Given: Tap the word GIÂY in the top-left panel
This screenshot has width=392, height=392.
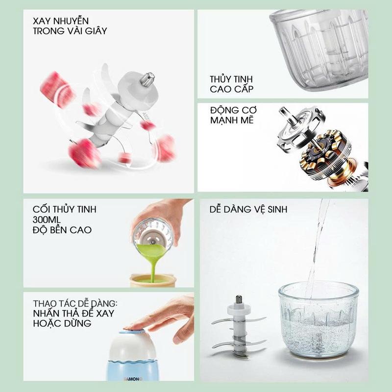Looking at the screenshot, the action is click(x=96, y=31).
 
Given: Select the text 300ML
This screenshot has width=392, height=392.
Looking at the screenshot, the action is click(x=47, y=220).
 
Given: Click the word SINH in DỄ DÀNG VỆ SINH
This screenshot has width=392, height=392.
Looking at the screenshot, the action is click(x=277, y=209).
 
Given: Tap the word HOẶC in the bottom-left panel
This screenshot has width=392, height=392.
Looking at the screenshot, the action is click(x=47, y=323).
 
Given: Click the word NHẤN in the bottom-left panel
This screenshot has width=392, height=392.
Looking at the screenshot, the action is click(x=46, y=313).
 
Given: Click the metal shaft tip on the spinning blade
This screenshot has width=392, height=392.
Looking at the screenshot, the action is click(x=147, y=79).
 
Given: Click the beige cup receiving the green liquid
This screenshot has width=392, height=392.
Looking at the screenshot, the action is click(x=153, y=280).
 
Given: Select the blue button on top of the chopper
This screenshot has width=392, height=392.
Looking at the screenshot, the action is click(x=132, y=332).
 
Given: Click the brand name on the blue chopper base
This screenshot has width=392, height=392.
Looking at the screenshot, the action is click(x=133, y=379).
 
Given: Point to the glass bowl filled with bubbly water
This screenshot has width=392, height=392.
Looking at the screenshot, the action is click(x=319, y=319).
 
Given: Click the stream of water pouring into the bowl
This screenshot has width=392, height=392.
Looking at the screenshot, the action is click(x=318, y=247).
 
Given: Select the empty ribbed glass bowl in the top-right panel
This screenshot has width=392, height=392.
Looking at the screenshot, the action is click(x=319, y=50).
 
